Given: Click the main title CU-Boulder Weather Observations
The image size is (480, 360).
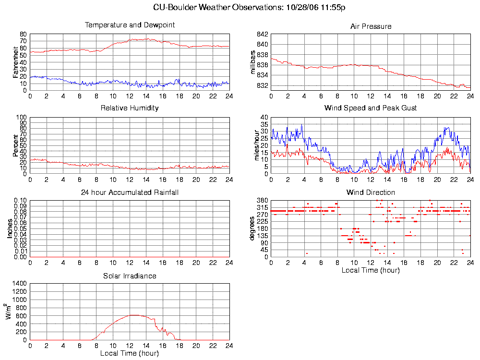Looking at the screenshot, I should [249, 7].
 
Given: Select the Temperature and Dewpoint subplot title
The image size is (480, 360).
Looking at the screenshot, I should [130, 25].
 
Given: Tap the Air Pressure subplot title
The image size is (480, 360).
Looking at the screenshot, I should [371, 26].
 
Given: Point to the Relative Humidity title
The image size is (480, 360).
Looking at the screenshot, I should [130, 108].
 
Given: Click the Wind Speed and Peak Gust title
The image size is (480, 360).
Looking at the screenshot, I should [371, 108].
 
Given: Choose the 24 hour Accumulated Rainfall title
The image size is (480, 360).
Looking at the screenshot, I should [130, 192].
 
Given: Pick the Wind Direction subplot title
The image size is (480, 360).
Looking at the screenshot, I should [371, 192].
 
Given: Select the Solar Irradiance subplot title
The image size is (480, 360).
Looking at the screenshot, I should [130, 276].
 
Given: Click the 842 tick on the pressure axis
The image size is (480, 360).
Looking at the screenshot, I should [262, 35].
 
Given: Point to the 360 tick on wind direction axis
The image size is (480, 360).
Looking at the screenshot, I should [262, 200].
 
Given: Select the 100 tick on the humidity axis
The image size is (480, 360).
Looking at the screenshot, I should [22, 117].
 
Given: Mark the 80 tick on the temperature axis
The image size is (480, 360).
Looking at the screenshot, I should [23, 35].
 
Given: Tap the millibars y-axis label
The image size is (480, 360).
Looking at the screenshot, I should [253, 62].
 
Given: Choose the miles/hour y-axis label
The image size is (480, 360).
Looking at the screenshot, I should [256, 145].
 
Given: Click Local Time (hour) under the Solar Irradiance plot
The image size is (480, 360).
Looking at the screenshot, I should [130, 354].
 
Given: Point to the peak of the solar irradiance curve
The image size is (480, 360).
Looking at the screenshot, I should [134, 315].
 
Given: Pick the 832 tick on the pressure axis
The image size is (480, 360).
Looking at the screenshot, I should [262, 85].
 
